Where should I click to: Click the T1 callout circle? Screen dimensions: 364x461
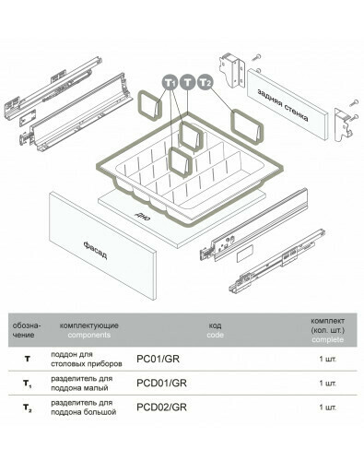(170, 82)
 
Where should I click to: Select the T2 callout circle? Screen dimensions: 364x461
(205, 82)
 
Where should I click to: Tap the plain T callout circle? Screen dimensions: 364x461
(187, 82)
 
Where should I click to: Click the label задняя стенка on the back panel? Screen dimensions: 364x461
(283, 105)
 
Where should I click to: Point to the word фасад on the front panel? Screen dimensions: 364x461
(95, 250)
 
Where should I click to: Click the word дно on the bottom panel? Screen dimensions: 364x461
(142, 217)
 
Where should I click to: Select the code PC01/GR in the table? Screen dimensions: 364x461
(158, 359)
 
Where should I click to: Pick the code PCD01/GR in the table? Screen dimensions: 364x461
(161, 383)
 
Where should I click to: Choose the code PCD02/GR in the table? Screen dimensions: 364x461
(161, 408)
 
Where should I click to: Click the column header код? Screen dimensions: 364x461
(215, 325)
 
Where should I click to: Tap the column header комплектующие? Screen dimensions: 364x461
(89, 325)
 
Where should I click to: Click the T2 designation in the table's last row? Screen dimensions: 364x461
(28, 408)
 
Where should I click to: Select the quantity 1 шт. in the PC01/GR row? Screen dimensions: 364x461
(328, 359)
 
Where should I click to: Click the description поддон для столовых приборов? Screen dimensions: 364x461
(87, 359)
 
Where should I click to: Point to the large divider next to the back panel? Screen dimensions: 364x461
(247, 126)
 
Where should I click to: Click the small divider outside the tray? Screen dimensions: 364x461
(150, 106)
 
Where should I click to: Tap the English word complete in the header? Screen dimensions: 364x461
(327, 339)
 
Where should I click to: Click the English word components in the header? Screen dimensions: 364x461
(89, 335)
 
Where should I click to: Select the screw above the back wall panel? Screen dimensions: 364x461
(257, 57)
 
